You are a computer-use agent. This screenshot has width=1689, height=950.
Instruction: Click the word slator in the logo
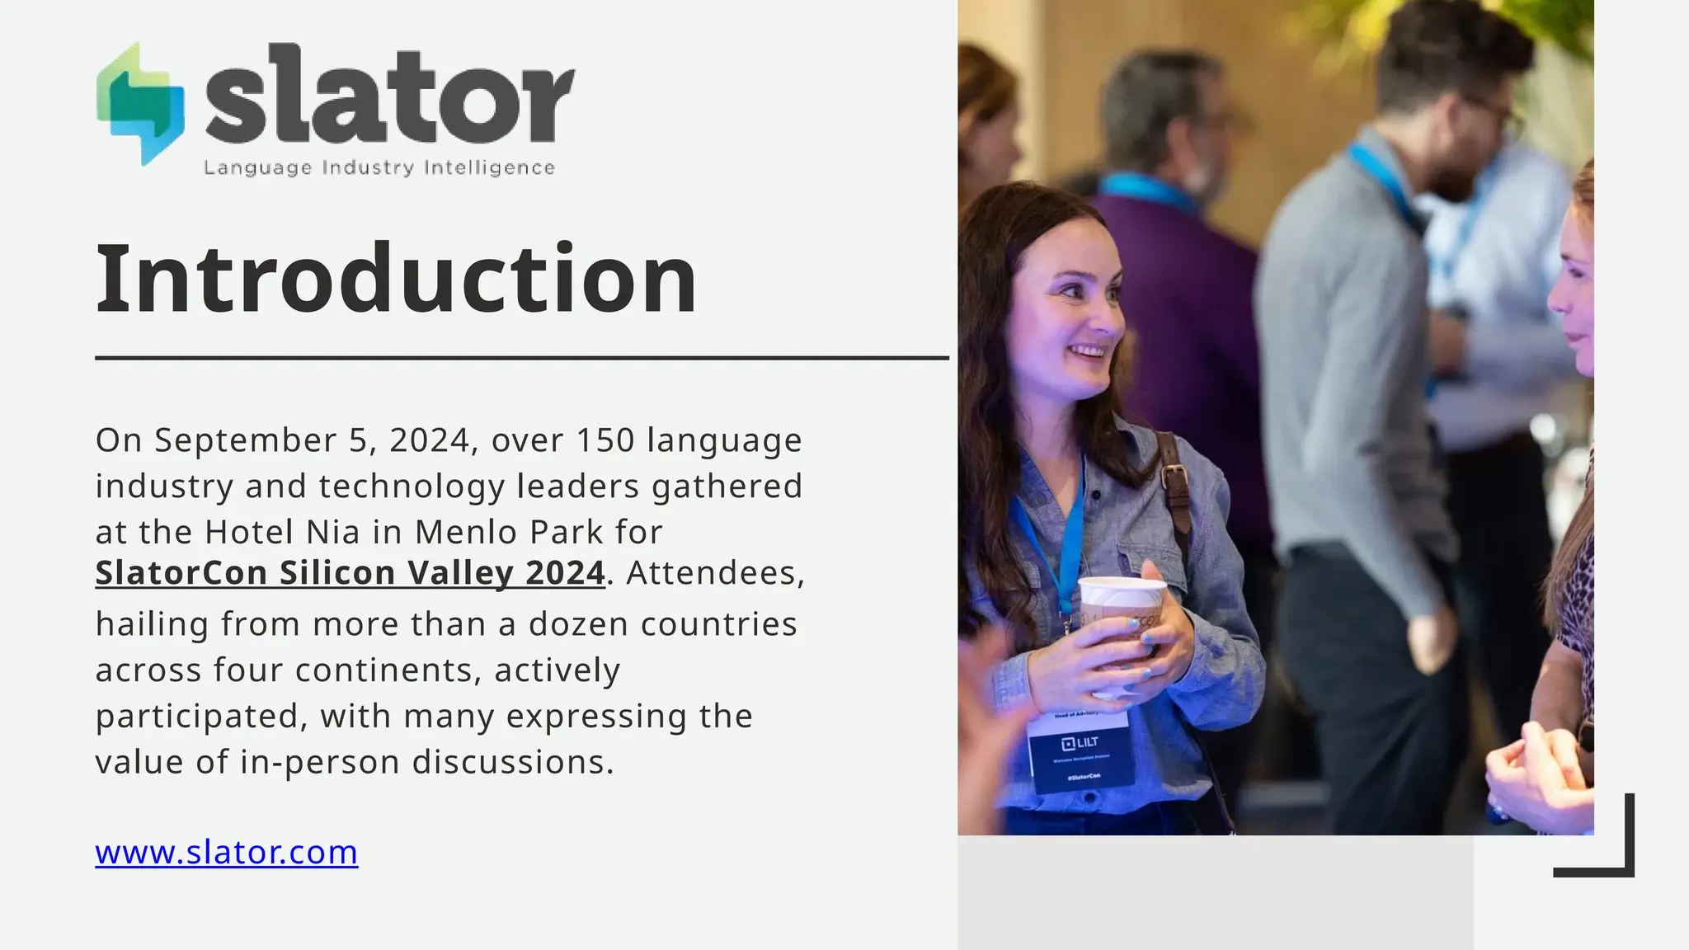click(x=389, y=95)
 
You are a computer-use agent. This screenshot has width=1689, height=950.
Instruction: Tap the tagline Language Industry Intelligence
click(x=379, y=168)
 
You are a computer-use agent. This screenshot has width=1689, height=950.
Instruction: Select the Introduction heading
click(x=397, y=280)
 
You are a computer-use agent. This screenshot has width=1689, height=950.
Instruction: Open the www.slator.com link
click(x=227, y=852)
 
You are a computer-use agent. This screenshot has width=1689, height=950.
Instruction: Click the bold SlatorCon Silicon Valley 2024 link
click(x=351, y=573)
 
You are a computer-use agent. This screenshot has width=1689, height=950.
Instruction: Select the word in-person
click(x=321, y=762)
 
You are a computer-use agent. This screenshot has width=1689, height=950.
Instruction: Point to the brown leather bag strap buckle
click(x=1174, y=477)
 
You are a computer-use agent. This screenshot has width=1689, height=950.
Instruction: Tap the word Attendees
click(x=715, y=573)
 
